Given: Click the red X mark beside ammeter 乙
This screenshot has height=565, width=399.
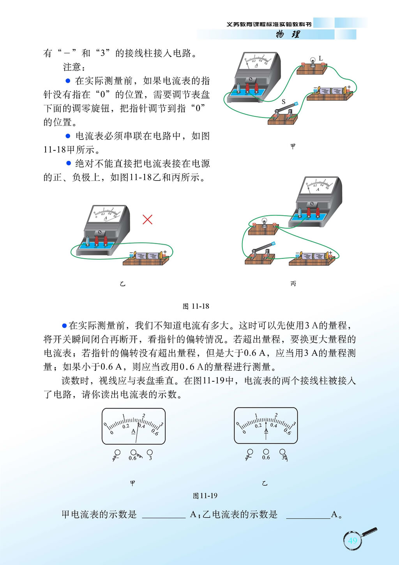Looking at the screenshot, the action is [x=147, y=220].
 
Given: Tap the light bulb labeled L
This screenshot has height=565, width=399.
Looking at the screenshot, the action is [x=313, y=62].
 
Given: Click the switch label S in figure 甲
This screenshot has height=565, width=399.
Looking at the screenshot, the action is [x=284, y=102].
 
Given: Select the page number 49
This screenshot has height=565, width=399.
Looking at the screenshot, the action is [x=352, y=540].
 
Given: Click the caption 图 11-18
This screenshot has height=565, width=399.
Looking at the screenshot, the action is [x=196, y=306].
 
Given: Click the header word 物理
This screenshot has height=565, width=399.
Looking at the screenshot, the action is [x=288, y=34].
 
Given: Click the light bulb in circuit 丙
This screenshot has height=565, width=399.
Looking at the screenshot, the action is [x=264, y=223].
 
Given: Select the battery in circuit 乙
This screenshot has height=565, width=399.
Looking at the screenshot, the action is [x=147, y=256].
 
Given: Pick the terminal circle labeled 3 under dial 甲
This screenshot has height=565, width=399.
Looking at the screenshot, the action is [x=150, y=452].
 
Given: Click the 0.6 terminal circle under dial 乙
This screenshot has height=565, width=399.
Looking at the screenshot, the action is [x=266, y=452].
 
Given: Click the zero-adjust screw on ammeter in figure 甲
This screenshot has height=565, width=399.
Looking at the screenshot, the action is [x=251, y=79].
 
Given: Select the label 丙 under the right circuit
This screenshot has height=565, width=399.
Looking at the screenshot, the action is [x=293, y=284].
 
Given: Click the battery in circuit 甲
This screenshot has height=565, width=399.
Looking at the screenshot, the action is [x=332, y=91].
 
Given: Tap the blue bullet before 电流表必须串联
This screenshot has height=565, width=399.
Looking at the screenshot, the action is [x=68, y=136].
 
